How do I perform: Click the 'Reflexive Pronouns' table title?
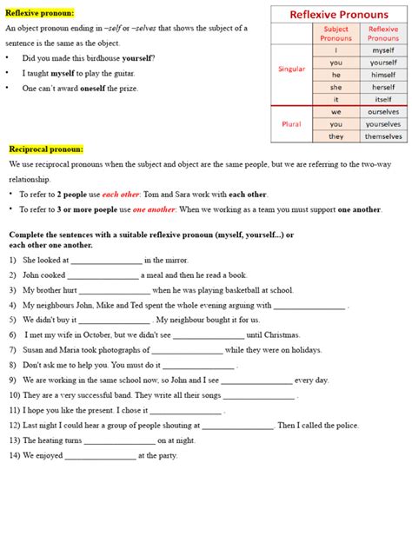(x=338, y=15)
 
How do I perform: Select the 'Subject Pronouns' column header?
(x=336, y=34)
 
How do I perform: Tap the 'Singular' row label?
(x=291, y=69)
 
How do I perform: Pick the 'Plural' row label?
(x=291, y=124)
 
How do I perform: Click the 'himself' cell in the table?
(x=383, y=75)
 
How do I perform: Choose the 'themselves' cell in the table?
(x=383, y=136)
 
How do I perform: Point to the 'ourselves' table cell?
(x=383, y=112)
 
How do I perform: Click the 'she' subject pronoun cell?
(x=336, y=87)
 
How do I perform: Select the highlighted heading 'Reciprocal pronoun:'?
(x=45, y=149)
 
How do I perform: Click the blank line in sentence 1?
(x=106, y=260)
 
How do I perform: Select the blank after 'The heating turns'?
(x=120, y=440)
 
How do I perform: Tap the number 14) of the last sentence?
(x=15, y=455)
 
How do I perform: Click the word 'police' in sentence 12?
(x=345, y=425)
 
